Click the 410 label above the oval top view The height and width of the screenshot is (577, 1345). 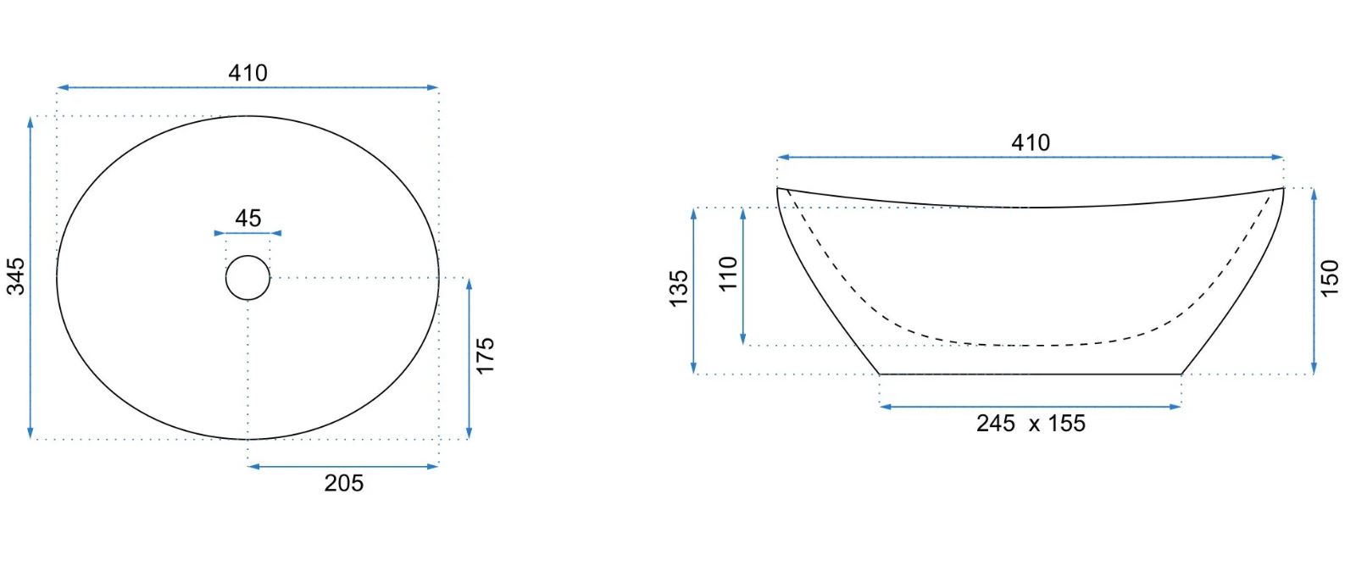coord(247,73)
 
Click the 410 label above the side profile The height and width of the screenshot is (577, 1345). coord(1031,143)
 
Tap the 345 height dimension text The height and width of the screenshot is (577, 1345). coord(16,276)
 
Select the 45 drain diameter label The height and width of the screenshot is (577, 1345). coord(248,218)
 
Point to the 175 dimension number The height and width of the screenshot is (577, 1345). coord(485,356)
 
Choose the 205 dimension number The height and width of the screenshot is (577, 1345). coord(344,483)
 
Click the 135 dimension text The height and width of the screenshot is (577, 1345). coord(679,289)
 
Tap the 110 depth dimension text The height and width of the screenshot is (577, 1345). coord(728,275)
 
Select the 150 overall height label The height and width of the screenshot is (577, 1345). coord(1330,278)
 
